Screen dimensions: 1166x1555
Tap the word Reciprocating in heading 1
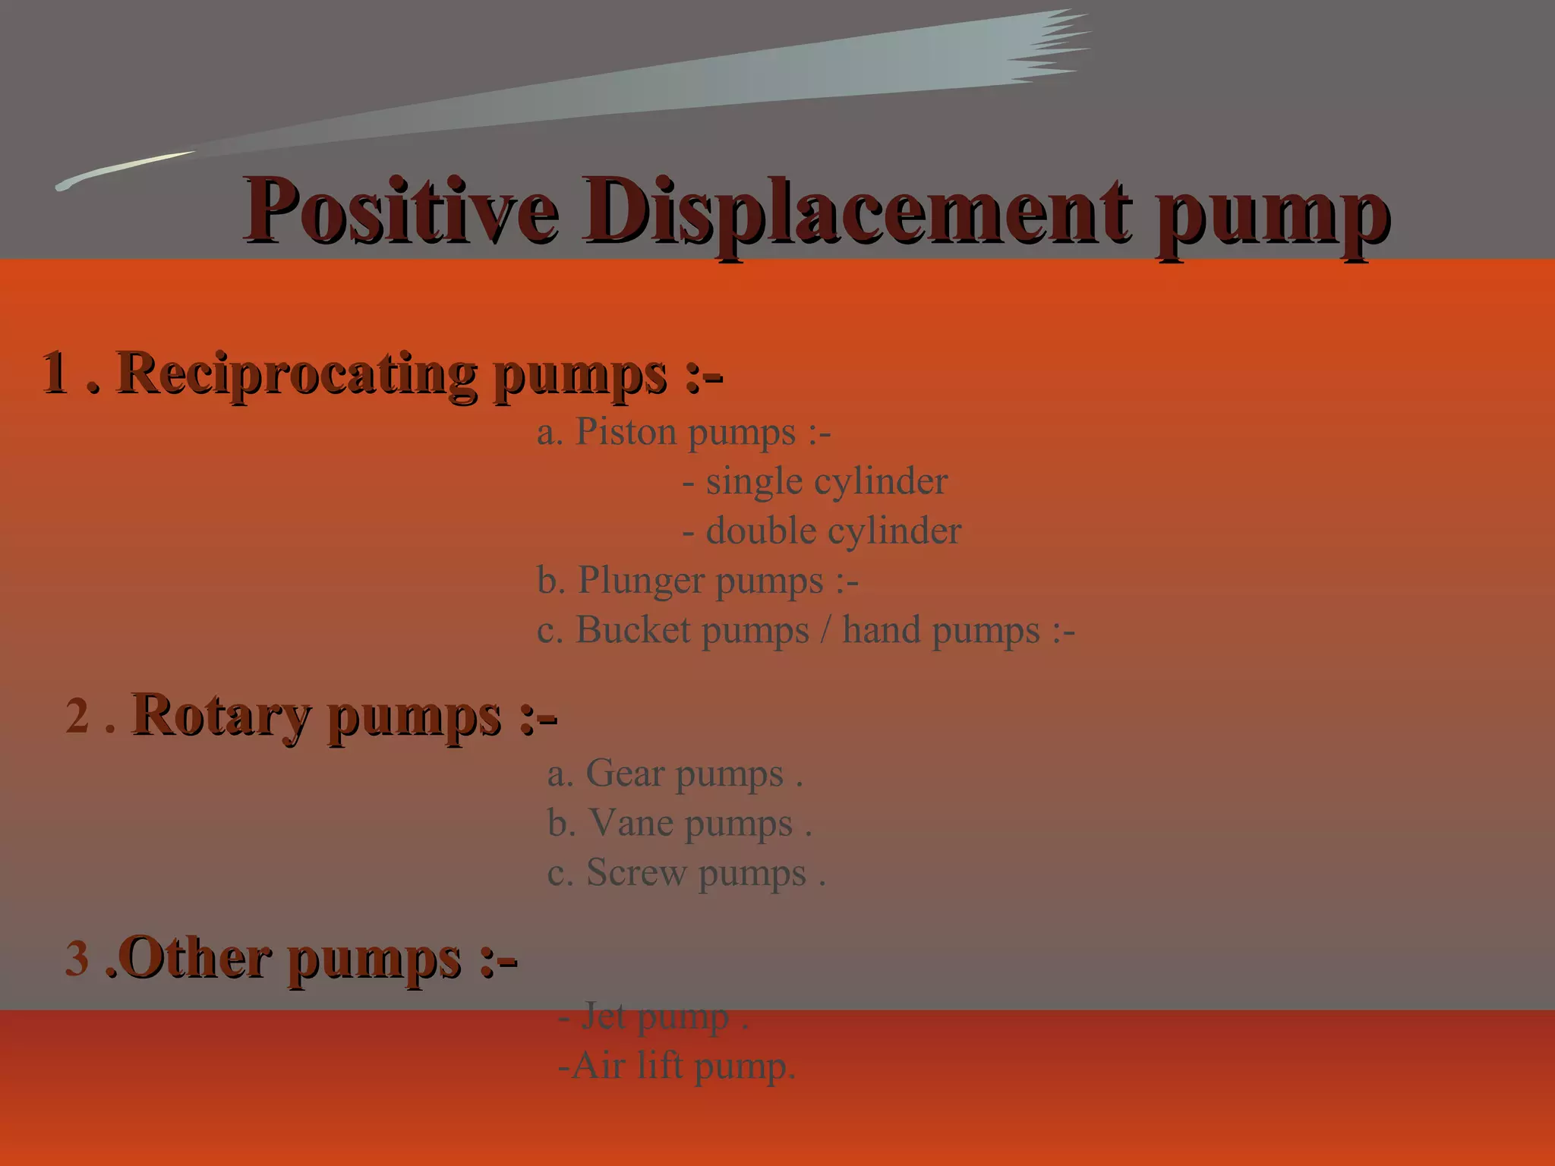296,374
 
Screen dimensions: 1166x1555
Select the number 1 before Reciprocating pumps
55,373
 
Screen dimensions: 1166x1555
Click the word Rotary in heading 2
221,716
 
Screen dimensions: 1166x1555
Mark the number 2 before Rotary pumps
77,716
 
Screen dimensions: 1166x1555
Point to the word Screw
636,873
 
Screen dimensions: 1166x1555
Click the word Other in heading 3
194,958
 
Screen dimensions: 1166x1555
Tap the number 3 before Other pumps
77,958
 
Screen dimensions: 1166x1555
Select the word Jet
604,1016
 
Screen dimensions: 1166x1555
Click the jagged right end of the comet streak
1055,46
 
